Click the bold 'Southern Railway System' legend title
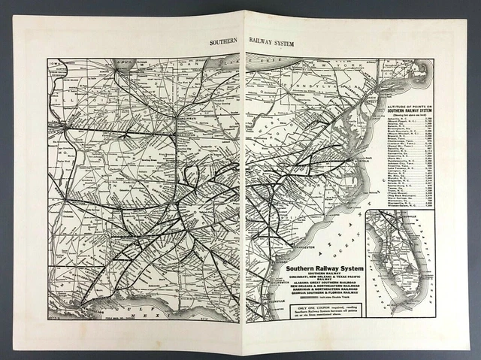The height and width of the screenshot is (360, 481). click(321, 268)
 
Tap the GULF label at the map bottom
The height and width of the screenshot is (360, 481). click(143, 307)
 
